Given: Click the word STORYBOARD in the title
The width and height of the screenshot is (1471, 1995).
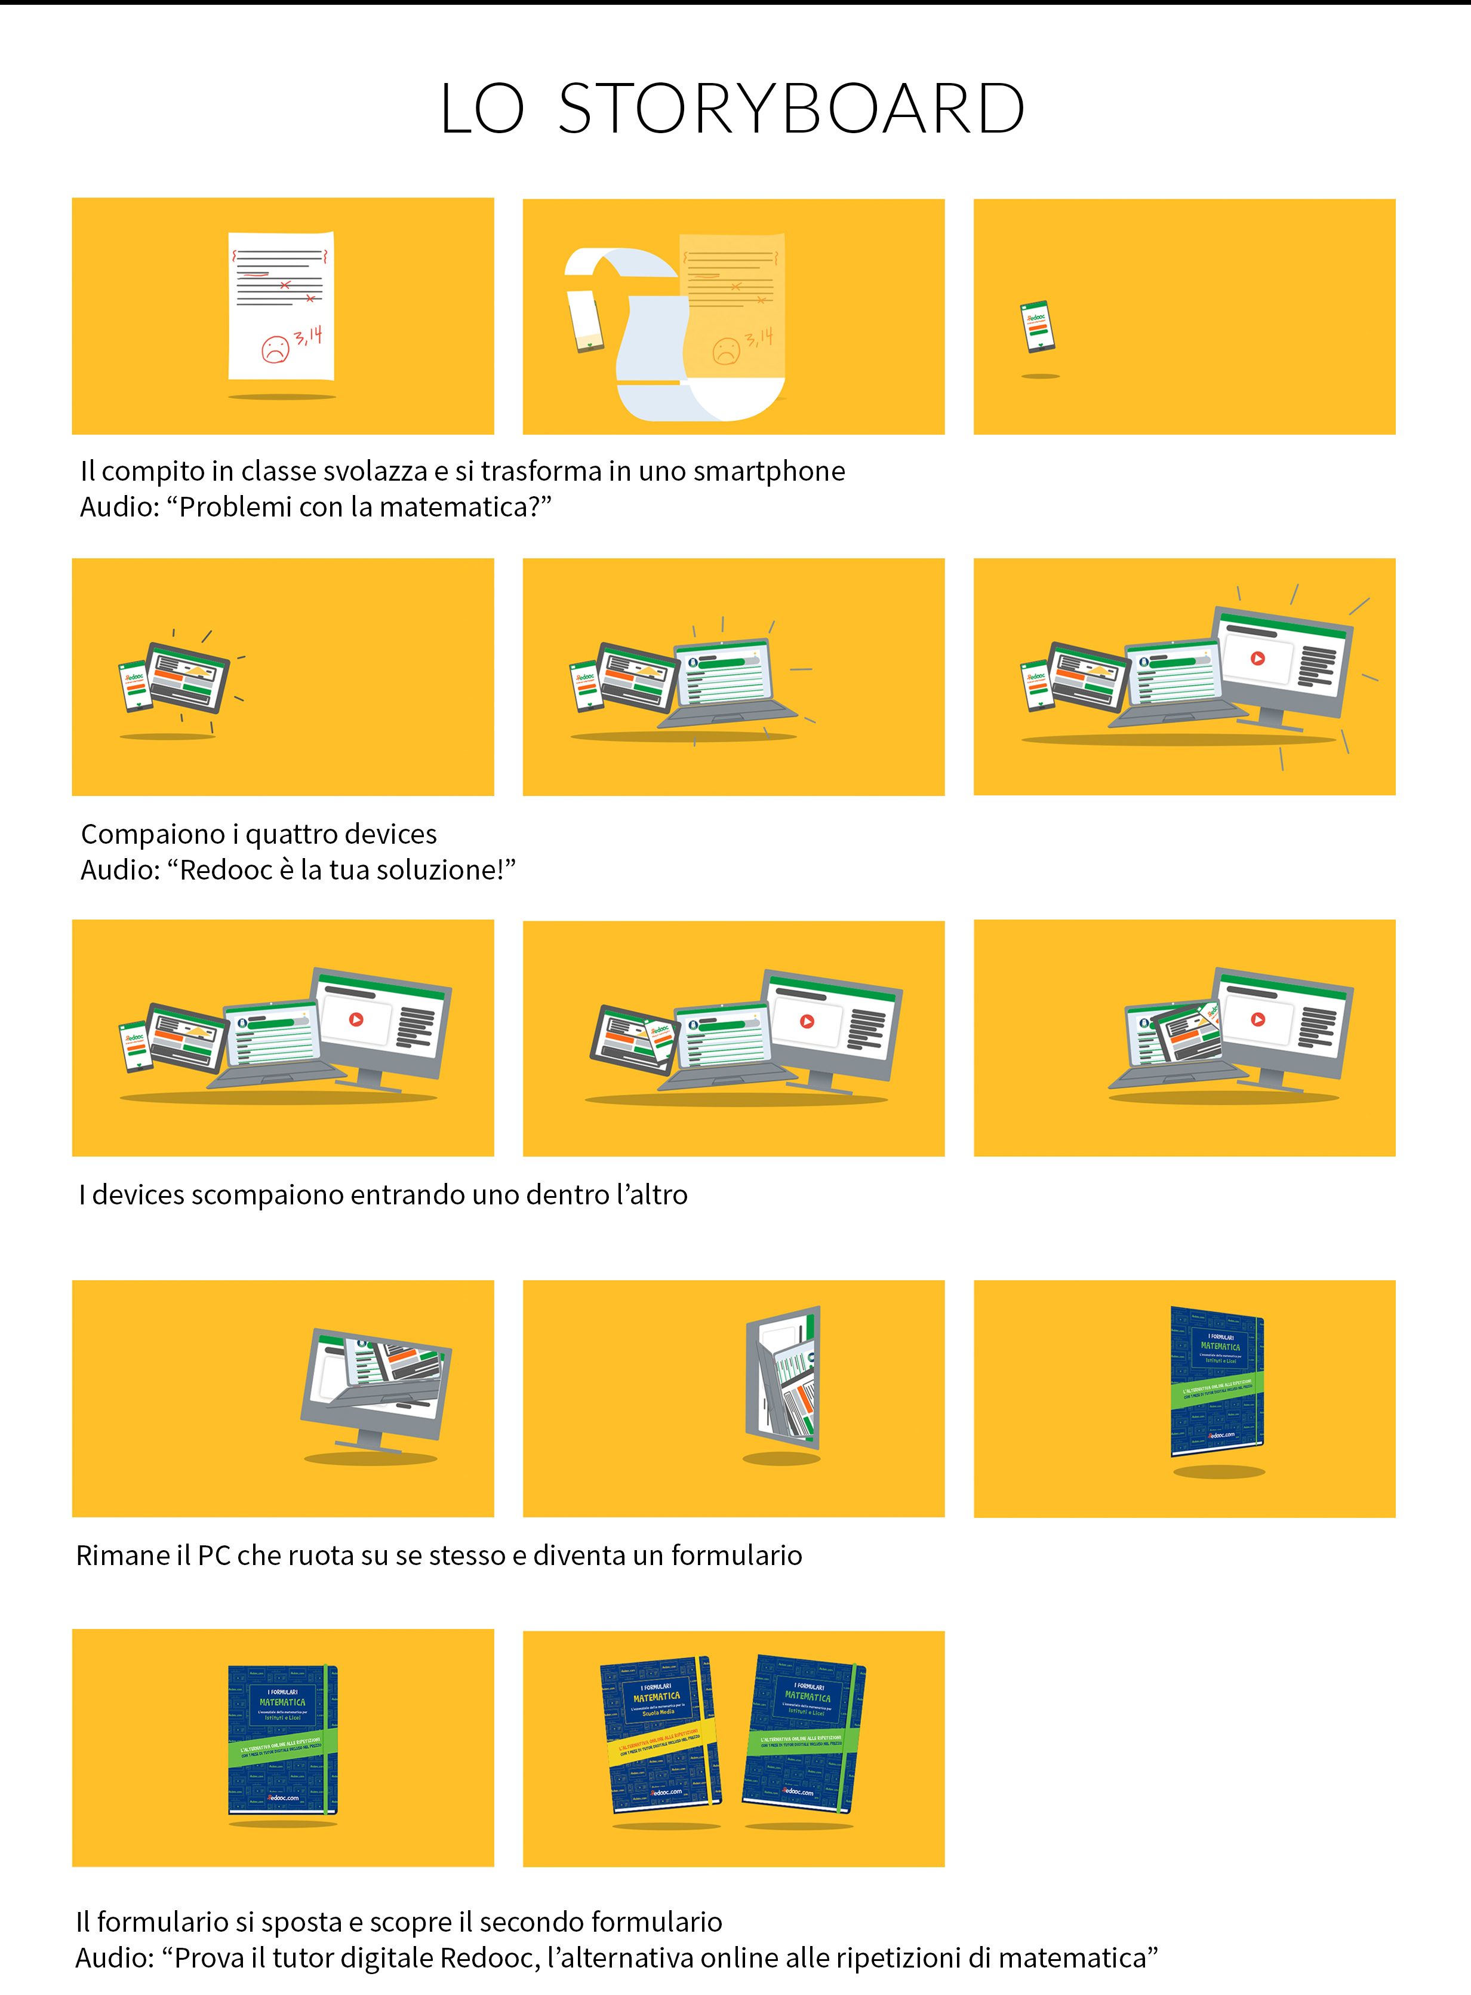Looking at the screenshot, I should pos(792,109).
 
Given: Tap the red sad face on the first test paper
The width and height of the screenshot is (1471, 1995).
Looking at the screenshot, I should pos(276,349).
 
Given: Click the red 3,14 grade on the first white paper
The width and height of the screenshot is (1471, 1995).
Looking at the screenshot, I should pos(308,337).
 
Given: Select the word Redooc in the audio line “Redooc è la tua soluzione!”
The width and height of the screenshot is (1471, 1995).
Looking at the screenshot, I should pos(225,870).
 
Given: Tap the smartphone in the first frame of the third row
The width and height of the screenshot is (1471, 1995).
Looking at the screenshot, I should pos(136,1047).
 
